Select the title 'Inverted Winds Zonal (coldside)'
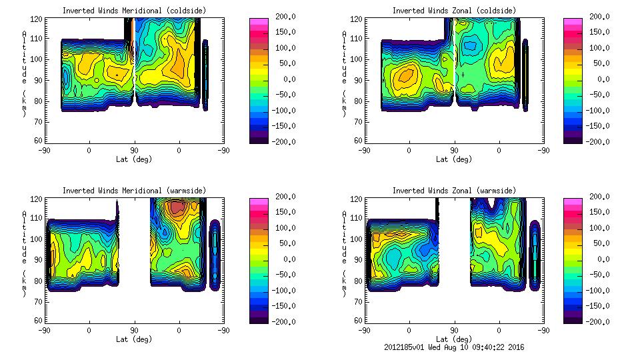(x=453, y=11)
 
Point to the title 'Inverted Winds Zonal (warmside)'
(x=453, y=191)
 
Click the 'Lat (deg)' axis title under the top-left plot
(x=134, y=159)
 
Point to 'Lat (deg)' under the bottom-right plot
(x=453, y=339)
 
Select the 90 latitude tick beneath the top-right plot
(x=454, y=150)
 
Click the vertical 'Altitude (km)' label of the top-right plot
(x=344, y=73)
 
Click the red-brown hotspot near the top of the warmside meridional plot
(x=177, y=207)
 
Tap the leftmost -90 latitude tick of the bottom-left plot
(x=44, y=330)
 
